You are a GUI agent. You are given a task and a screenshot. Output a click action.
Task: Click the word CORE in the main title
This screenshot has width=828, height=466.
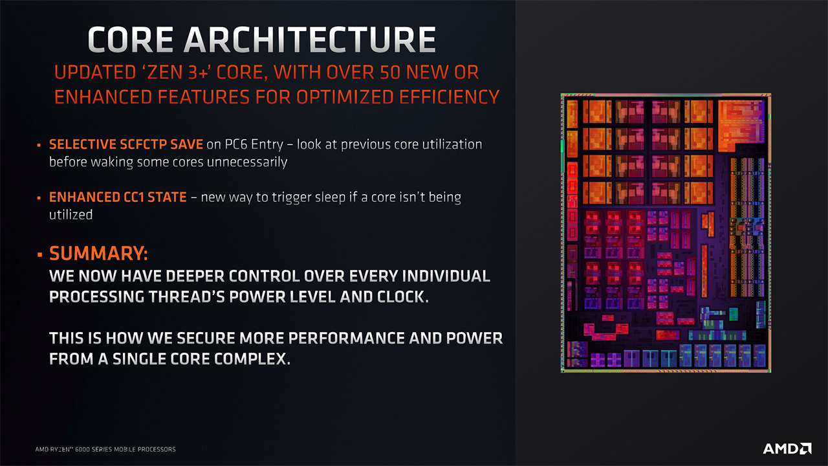131,39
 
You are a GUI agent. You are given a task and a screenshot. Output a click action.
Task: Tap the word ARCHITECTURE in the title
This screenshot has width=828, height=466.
310,39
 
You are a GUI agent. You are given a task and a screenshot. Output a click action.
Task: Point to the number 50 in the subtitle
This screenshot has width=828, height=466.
390,72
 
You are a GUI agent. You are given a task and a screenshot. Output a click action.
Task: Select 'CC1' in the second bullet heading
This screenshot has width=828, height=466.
133,197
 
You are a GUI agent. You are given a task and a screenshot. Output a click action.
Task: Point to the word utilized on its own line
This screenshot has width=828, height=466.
71,215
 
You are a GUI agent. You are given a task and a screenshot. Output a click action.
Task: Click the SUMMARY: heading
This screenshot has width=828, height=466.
98,254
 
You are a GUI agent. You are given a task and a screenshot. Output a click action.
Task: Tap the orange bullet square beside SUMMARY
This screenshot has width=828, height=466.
39,254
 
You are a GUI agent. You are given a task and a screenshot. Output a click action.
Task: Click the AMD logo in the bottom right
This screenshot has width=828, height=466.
787,449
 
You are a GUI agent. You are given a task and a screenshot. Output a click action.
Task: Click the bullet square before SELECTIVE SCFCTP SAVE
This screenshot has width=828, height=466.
39,146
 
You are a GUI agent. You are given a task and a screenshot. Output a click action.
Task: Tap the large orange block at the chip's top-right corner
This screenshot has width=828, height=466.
741,125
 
